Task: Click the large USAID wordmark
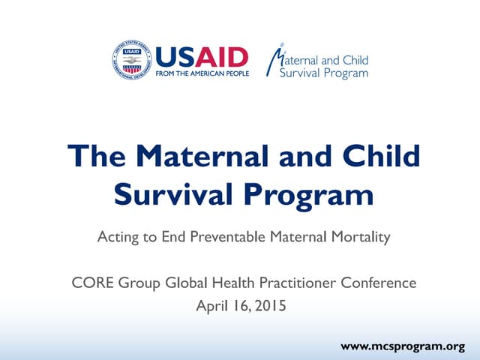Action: click(201, 57)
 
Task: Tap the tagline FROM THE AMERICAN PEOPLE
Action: click(201, 75)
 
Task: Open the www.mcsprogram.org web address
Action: click(403, 346)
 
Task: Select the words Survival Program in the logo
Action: click(323, 73)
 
